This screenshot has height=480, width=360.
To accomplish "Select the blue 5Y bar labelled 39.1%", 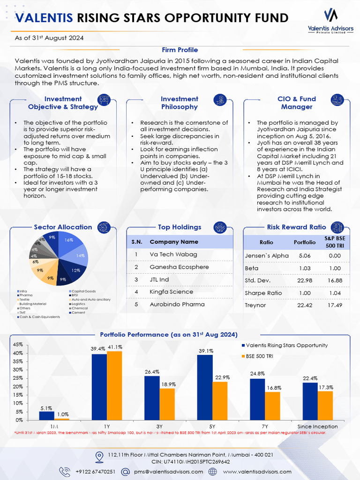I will (205, 387).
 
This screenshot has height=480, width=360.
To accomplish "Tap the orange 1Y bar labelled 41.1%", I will (114, 385).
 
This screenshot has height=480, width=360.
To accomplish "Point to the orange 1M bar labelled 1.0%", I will (62, 419).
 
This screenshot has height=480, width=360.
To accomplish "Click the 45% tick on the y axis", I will (17, 345).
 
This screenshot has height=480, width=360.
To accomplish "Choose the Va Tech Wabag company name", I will (173, 255).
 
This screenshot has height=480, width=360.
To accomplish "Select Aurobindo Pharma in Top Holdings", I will (177, 304).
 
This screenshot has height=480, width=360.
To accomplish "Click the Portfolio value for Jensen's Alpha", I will (305, 256).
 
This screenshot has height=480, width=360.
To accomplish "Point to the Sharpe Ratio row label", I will (263, 293).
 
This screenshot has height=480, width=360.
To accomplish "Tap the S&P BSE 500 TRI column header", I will (335, 242).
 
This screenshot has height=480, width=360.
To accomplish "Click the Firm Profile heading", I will (180, 50).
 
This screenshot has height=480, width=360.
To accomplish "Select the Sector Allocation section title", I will (63, 227).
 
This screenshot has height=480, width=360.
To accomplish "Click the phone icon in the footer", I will (64, 471).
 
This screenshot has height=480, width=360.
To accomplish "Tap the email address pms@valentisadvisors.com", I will (168, 472).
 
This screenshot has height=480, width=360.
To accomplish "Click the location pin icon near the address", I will (99, 457).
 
